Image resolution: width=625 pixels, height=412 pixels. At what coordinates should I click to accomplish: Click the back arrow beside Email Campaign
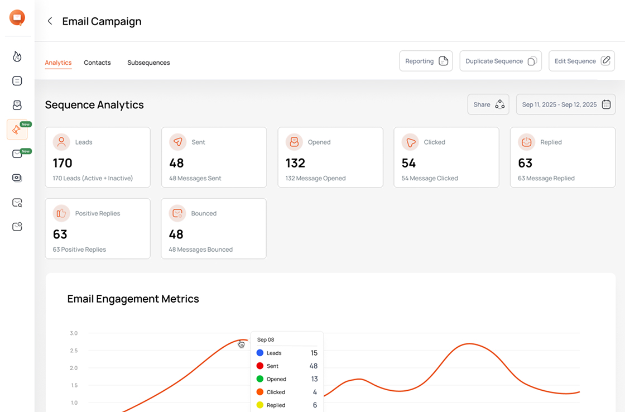(x=50, y=21)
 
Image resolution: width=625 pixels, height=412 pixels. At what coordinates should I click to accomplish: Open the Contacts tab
(x=97, y=63)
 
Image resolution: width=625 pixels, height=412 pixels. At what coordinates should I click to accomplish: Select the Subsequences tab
(x=148, y=63)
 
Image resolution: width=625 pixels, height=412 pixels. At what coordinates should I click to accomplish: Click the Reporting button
(x=426, y=61)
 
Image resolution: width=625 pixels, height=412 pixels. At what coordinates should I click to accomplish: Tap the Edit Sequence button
(x=581, y=61)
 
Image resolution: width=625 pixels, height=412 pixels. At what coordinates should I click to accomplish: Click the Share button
(x=488, y=104)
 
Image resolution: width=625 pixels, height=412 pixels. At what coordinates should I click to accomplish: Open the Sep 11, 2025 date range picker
(x=566, y=104)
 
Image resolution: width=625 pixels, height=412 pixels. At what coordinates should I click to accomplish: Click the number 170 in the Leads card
(x=62, y=163)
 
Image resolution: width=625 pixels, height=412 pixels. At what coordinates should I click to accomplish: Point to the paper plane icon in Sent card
(x=178, y=142)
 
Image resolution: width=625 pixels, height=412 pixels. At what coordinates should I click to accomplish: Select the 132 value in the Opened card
(x=295, y=163)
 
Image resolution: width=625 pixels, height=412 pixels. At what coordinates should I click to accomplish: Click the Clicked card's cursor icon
(x=410, y=142)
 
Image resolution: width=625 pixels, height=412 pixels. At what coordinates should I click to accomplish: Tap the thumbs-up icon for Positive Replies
(x=61, y=213)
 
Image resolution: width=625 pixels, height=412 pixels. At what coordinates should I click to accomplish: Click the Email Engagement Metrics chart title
(x=133, y=299)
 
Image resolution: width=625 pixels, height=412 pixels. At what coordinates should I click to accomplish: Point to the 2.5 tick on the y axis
(x=74, y=351)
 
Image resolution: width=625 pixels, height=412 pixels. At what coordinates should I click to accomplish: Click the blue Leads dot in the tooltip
(x=259, y=353)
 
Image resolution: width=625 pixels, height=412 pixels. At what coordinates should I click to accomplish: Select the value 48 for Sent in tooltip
(x=313, y=366)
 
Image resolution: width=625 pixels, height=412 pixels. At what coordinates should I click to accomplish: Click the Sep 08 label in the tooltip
(x=266, y=339)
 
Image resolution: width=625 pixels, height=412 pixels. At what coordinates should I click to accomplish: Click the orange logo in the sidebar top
(x=17, y=18)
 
